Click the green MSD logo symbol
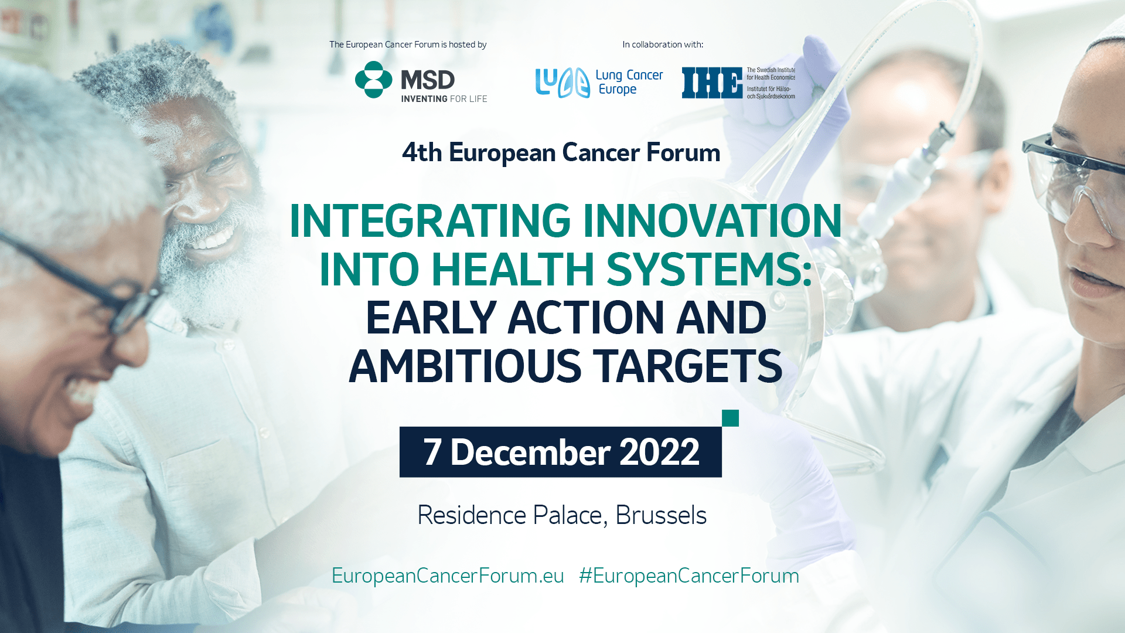[374, 80]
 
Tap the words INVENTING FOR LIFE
[444, 99]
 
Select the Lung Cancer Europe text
[629, 82]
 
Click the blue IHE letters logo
[712, 83]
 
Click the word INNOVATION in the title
[712, 221]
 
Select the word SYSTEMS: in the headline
[709, 270]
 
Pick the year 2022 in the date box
[659, 452]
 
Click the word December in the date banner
[530, 452]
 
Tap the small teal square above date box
[730, 418]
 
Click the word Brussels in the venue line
[661, 515]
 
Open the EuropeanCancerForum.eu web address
[448, 576]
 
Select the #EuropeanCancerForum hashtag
[689, 576]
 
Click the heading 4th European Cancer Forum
[561, 152]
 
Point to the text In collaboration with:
[663, 45]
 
